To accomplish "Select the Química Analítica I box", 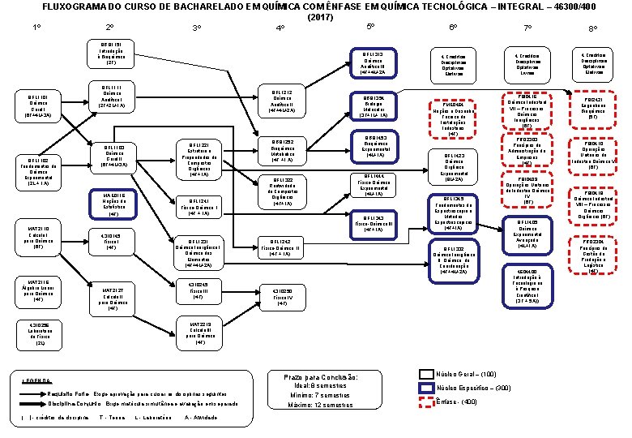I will (x=111, y=97).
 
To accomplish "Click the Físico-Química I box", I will (x=200, y=207).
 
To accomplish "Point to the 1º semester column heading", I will (x=37, y=28).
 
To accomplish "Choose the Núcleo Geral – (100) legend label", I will (x=466, y=374).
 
